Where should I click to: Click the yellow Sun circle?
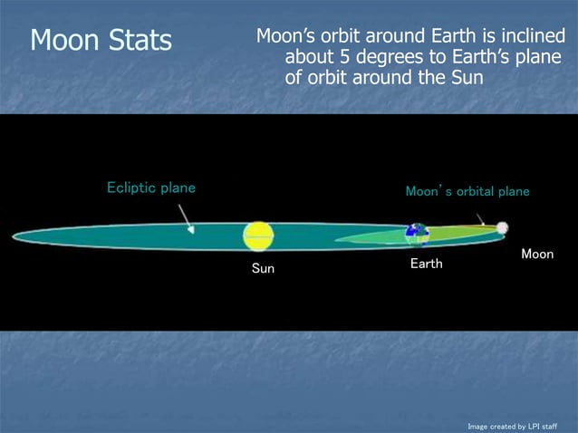click(258, 236)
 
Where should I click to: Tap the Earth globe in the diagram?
click(417, 234)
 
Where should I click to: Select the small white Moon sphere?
click(502, 228)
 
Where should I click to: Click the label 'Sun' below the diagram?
click(263, 269)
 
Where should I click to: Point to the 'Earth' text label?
click(426, 264)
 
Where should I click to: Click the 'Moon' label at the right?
click(537, 255)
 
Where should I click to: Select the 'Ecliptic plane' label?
click(151, 188)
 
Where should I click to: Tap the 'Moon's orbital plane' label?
click(467, 192)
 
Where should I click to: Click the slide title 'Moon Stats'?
click(101, 40)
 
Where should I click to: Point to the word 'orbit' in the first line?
click(343, 37)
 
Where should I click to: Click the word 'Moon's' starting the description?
click(285, 37)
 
